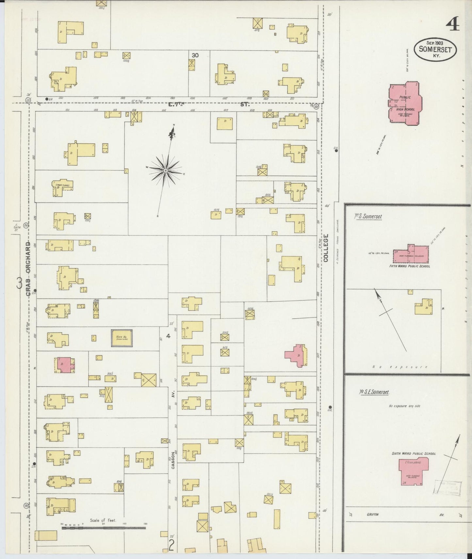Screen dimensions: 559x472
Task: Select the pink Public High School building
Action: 404,104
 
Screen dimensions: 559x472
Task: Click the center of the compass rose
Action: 166,170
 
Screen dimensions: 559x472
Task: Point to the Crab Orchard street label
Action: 28,268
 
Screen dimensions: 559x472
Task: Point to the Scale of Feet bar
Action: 103,527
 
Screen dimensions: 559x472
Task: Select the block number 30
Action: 195,55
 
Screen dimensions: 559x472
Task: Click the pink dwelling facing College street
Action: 297,355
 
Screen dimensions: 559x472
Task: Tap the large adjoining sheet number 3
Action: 19,283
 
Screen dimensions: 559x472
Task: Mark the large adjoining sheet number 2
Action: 171,545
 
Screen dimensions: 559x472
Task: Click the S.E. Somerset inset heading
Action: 374,392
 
